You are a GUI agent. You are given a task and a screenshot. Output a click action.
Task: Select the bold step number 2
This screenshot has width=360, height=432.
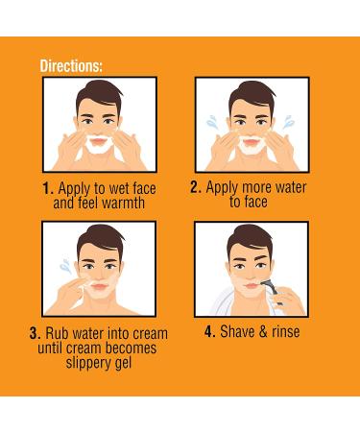196,188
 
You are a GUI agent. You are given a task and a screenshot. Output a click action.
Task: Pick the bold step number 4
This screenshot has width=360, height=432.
209,332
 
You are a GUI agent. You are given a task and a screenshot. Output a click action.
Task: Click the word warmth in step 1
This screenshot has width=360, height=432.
127,204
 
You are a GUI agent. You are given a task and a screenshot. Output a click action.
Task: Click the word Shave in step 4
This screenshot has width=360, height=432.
242,332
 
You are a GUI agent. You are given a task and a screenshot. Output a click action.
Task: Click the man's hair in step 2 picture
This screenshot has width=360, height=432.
251,94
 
